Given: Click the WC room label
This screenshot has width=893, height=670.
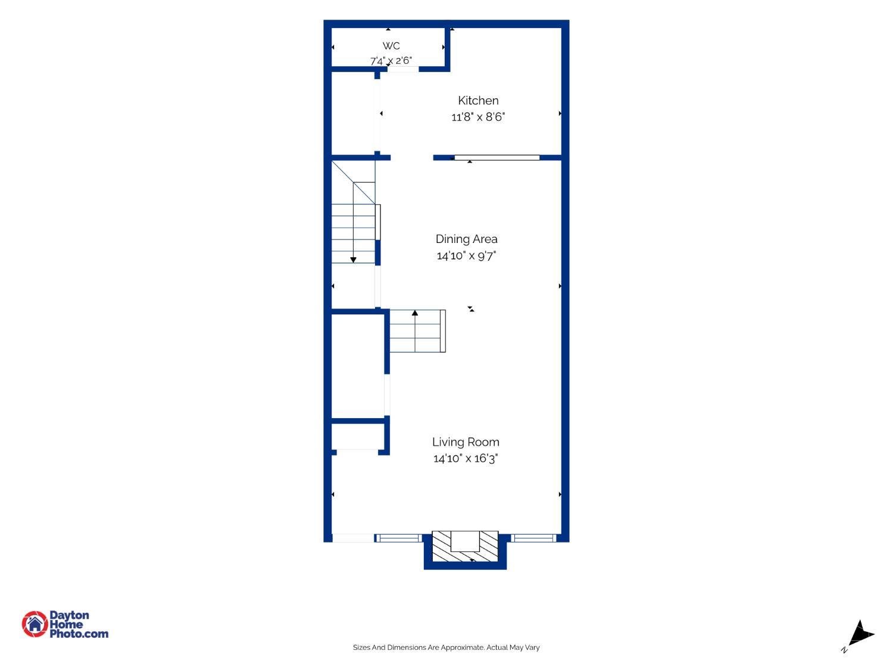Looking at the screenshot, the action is [391, 46].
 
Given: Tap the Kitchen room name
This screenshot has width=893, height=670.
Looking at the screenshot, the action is [477, 101].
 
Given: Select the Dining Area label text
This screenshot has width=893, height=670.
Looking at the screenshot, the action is [466, 239].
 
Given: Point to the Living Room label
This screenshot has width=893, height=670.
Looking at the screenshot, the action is [466, 442].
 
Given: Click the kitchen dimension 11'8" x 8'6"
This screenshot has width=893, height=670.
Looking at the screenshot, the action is [477, 117].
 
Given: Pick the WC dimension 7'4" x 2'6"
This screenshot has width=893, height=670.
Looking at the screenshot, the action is [391, 61].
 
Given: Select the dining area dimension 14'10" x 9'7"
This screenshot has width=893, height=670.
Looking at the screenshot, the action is [466, 255].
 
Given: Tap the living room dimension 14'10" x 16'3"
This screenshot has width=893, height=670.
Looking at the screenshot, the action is [466, 459].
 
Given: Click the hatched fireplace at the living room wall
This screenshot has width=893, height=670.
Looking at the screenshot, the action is [464, 546].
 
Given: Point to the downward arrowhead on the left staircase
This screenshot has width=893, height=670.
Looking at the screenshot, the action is [353, 260].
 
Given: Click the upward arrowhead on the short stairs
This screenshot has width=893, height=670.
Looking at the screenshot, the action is [414, 313].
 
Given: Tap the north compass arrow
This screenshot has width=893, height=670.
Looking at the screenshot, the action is [861, 634].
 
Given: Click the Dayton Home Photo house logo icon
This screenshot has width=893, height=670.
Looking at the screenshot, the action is [35, 624].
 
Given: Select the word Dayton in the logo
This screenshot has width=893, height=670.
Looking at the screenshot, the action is [69, 615].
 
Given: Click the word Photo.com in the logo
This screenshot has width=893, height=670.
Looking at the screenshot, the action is [79, 634].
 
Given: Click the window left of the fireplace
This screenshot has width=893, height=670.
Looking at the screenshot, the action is [399, 538].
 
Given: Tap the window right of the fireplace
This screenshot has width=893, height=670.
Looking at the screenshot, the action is [533, 538].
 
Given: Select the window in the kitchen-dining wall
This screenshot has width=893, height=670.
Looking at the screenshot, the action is [497, 158].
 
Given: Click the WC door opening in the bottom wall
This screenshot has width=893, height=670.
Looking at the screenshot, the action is [403, 69].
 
